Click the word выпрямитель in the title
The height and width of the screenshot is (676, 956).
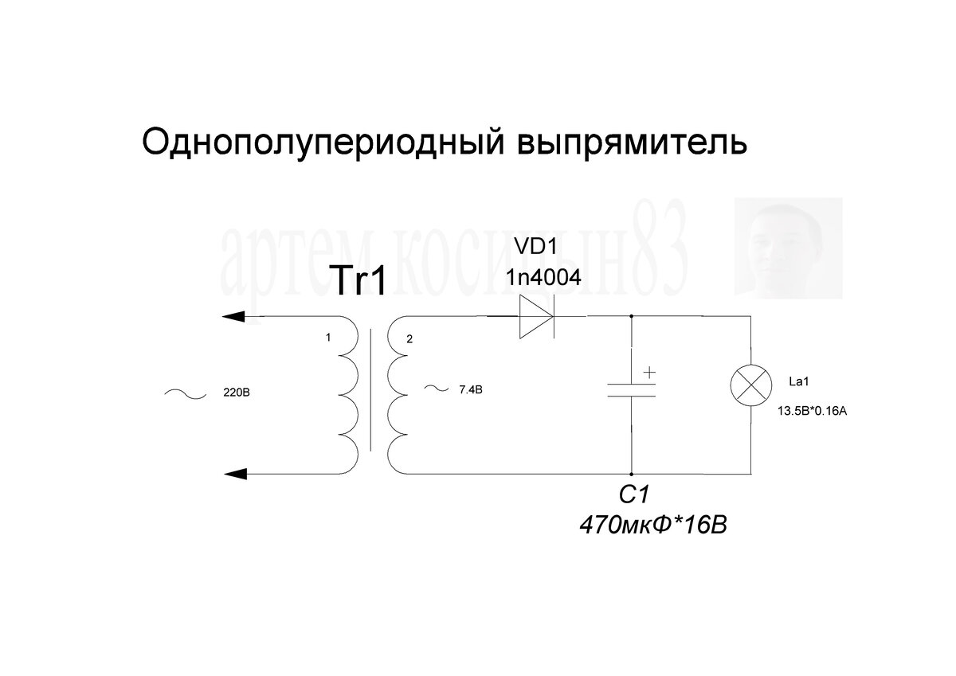pos(633,144)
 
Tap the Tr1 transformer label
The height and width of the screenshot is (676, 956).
pos(358,280)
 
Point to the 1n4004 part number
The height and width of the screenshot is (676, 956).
pos(543,278)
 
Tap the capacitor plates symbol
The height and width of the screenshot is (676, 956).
pos(631,389)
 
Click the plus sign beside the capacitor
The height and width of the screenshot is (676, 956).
pos(650,371)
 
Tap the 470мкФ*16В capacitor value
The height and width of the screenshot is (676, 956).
pos(653,526)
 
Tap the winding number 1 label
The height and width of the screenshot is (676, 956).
pos(328,338)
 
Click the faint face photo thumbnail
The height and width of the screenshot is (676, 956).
pos(788,248)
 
